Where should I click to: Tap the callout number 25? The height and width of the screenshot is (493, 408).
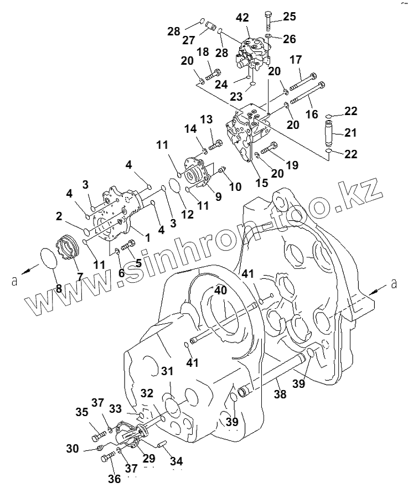click(290, 17)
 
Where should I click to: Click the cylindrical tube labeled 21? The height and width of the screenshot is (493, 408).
click(329, 133)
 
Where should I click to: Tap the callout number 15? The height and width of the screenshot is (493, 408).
click(261, 182)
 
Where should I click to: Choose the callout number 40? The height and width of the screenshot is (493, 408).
click(221, 290)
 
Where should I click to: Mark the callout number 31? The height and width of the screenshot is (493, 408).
click(167, 370)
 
